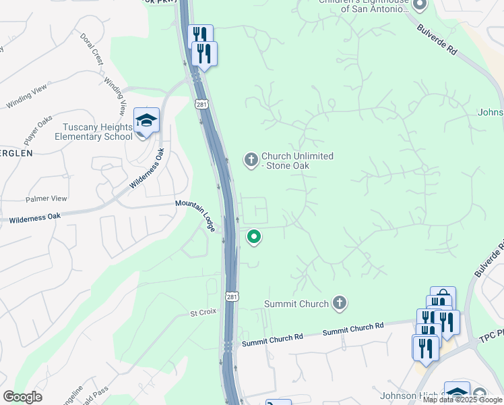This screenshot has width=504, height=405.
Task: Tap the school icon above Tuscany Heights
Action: (x=146, y=121)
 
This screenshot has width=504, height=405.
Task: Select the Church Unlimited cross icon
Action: (x=251, y=160)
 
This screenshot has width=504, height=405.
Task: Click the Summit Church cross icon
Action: (x=340, y=303)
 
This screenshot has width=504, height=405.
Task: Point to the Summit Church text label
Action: (x=296, y=304)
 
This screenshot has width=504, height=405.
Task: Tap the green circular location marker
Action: (x=254, y=237)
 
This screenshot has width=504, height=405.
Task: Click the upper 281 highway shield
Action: (x=201, y=104)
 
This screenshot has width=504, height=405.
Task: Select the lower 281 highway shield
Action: (x=232, y=297)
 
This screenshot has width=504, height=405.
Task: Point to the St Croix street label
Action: (x=201, y=313)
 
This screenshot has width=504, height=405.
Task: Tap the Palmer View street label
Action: (x=46, y=199)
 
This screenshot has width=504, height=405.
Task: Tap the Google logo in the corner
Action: (x=22, y=397)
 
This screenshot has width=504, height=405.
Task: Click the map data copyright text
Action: (x=462, y=400)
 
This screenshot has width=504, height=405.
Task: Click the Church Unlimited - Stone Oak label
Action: (x=297, y=161)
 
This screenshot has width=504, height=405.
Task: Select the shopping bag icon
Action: (x=443, y=298)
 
